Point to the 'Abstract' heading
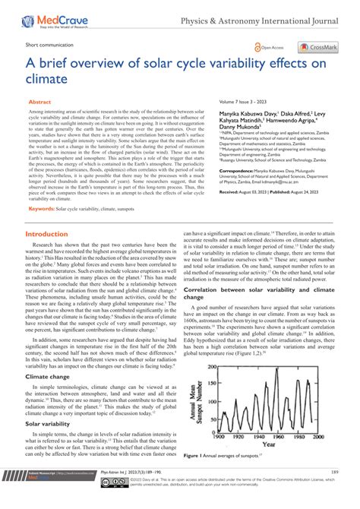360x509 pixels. point(40,100)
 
